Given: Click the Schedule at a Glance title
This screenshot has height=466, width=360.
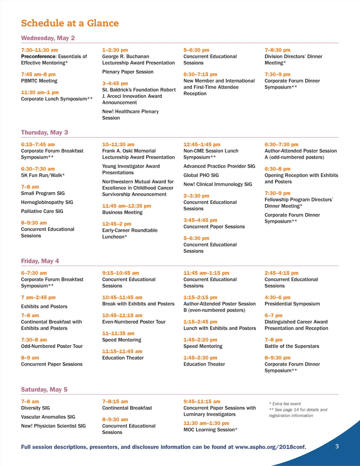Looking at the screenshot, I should pos(70,23).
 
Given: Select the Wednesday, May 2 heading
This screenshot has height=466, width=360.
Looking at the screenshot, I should pos(48,38).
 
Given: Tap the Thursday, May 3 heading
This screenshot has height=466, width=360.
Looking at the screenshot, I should pos(44,133).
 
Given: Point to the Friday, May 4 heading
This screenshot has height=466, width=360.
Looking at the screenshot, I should pos(40,261).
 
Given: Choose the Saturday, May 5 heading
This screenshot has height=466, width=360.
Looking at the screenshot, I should pos(44,389).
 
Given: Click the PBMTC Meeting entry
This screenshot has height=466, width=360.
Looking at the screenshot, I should pos(39,81).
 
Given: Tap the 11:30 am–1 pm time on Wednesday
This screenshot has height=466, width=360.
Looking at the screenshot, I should pos(40,92).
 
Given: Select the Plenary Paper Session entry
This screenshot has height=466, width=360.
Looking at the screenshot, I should pos(128,72).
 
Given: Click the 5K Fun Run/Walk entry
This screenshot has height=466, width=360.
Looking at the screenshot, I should pos(43,175).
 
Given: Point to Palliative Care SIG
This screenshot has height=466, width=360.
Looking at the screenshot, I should pos(42,211).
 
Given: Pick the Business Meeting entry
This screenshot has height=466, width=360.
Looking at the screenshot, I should pos(122,212).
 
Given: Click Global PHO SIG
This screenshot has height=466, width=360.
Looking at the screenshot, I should pos(201,175).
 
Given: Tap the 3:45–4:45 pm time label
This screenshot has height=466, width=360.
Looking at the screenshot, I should pos(200,220).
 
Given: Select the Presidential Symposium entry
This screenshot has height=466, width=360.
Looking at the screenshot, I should pos(292,304).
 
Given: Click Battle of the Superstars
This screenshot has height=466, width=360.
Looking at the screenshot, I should pos(292,346).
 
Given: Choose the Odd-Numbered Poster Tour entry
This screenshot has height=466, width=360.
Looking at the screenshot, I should pos(52,346).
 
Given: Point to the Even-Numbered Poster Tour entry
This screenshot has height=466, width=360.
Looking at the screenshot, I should pos(134,322).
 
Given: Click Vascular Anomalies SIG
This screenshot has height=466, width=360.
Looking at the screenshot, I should pos(48,417).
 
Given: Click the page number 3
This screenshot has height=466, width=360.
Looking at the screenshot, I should pos(337,446).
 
